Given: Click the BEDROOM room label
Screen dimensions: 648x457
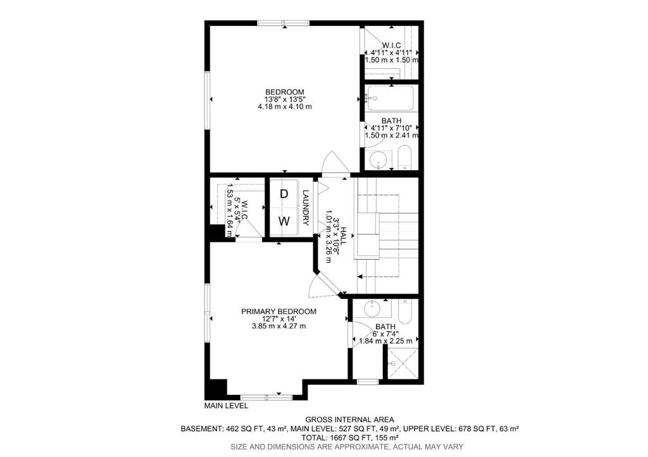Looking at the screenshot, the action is (285, 92).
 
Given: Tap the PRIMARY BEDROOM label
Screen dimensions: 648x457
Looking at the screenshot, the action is (279, 311).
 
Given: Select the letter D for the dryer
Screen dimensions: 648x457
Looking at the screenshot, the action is (284, 194).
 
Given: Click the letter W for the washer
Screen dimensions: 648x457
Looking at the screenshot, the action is (284, 222).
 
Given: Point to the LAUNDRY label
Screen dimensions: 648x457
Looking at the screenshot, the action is (306, 208).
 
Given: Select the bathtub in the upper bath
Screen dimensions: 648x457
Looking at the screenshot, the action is (390, 98).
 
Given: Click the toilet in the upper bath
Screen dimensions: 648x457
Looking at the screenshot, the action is (405, 158).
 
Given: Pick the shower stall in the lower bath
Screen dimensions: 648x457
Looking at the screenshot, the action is (402, 363).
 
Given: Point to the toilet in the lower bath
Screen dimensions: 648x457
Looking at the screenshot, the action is (405, 312).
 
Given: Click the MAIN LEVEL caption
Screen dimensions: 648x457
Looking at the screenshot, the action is (226, 406).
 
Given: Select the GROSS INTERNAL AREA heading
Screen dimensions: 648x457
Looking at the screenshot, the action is (349, 420).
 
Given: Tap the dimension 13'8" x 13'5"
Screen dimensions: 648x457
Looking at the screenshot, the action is (285, 99).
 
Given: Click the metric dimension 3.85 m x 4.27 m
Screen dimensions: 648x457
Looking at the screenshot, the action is (279, 326).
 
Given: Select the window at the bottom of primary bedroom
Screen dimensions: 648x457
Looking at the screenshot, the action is (266, 398).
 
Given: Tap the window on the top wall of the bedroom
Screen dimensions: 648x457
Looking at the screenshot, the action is (283, 23).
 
